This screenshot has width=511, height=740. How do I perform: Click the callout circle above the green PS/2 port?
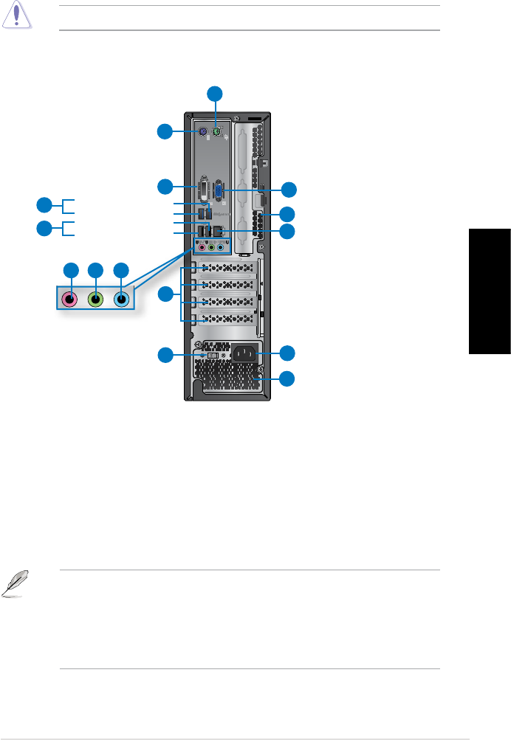coord(215,93)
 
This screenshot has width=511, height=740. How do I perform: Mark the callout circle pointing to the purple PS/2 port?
coord(165,132)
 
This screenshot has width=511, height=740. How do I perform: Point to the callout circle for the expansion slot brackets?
coord(165,295)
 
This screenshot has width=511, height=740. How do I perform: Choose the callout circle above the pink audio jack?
coord(70,270)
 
